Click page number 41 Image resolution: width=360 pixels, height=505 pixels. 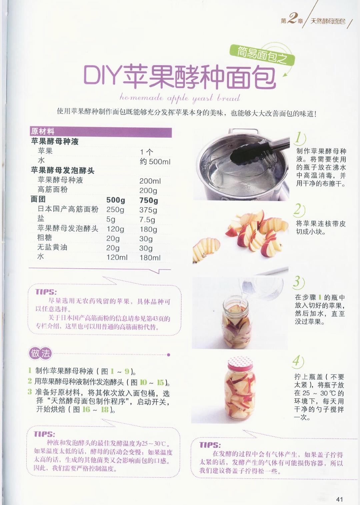[x=339, y=499]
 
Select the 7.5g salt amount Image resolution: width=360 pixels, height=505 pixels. [x=147, y=219]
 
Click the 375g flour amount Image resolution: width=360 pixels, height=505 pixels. [x=148, y=210]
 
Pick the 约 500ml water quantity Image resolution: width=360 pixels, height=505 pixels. [x=155, y=161]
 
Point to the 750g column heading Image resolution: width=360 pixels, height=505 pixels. [x=149, y=200]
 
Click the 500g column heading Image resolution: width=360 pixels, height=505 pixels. [x=116, y=200]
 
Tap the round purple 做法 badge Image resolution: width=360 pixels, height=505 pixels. [x=40, y=353]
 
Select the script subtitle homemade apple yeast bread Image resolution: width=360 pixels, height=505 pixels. [x=180, y=98]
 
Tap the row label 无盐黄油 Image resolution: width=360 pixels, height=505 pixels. [x=52, y=248]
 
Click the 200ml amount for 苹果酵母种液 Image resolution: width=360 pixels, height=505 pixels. [x=150, y=181]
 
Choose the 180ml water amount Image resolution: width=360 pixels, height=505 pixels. [x=150, y=258]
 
